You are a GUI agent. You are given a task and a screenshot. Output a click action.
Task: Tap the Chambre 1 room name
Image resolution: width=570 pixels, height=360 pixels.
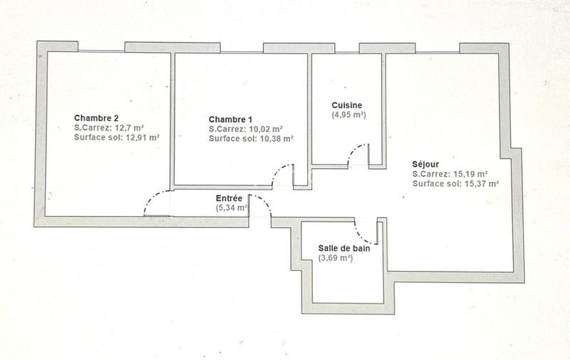pyautogui.click(x=230, y=119)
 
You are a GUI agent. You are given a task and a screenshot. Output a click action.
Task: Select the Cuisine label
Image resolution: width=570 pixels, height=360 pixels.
pyautogui.click(x=347, y=104)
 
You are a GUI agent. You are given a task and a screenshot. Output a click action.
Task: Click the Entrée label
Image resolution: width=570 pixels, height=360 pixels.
pyautogui.click(x=229, y=198)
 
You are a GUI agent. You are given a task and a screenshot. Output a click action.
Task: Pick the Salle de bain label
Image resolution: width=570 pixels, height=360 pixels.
pyautogui.click(x=345, y=248)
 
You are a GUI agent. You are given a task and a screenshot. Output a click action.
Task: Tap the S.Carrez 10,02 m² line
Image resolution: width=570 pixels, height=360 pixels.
pyautogui.click(x=246, y=129)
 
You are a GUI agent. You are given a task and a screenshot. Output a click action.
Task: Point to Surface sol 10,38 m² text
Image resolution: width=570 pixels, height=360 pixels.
pyautogui.click(x=251, y=139)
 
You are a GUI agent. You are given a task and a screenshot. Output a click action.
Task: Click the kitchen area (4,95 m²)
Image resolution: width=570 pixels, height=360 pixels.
pyautogui.click(x=348, y=114)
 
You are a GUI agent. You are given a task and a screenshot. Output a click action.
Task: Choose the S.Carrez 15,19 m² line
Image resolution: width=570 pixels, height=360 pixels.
pyautogui.click(x=450, y=173)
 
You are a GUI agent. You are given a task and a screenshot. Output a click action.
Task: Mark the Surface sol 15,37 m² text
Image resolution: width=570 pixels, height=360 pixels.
pyautogui.click(x=455, y=183)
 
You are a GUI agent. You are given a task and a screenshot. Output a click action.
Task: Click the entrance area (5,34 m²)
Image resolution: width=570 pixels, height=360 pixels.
pyautogui.click(x=232, y=208)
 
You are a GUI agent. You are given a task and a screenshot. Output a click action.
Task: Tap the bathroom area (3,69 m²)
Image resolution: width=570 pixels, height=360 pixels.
pyautogui.click(x=335, y=258)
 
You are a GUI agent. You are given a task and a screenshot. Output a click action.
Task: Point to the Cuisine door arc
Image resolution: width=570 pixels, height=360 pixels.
pyautogui.click(x=356, y=150)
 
